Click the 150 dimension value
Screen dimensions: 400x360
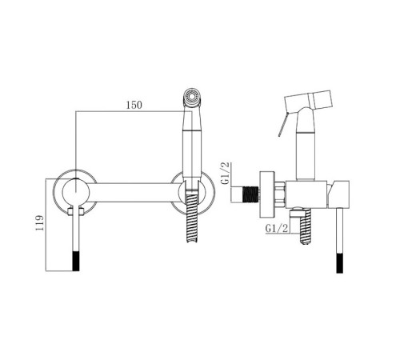coord(134,105)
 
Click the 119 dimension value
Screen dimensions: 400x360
coord(40,223)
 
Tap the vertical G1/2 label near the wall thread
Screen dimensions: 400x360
coord(226,174)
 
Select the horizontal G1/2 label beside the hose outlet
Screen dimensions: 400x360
coord(277,229)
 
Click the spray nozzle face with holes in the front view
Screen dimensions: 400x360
coord(191,96)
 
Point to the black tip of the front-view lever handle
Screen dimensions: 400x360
coord(76,261)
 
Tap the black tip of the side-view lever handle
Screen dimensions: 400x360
coord(339,263)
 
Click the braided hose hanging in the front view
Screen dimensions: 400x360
coord(192,215)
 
